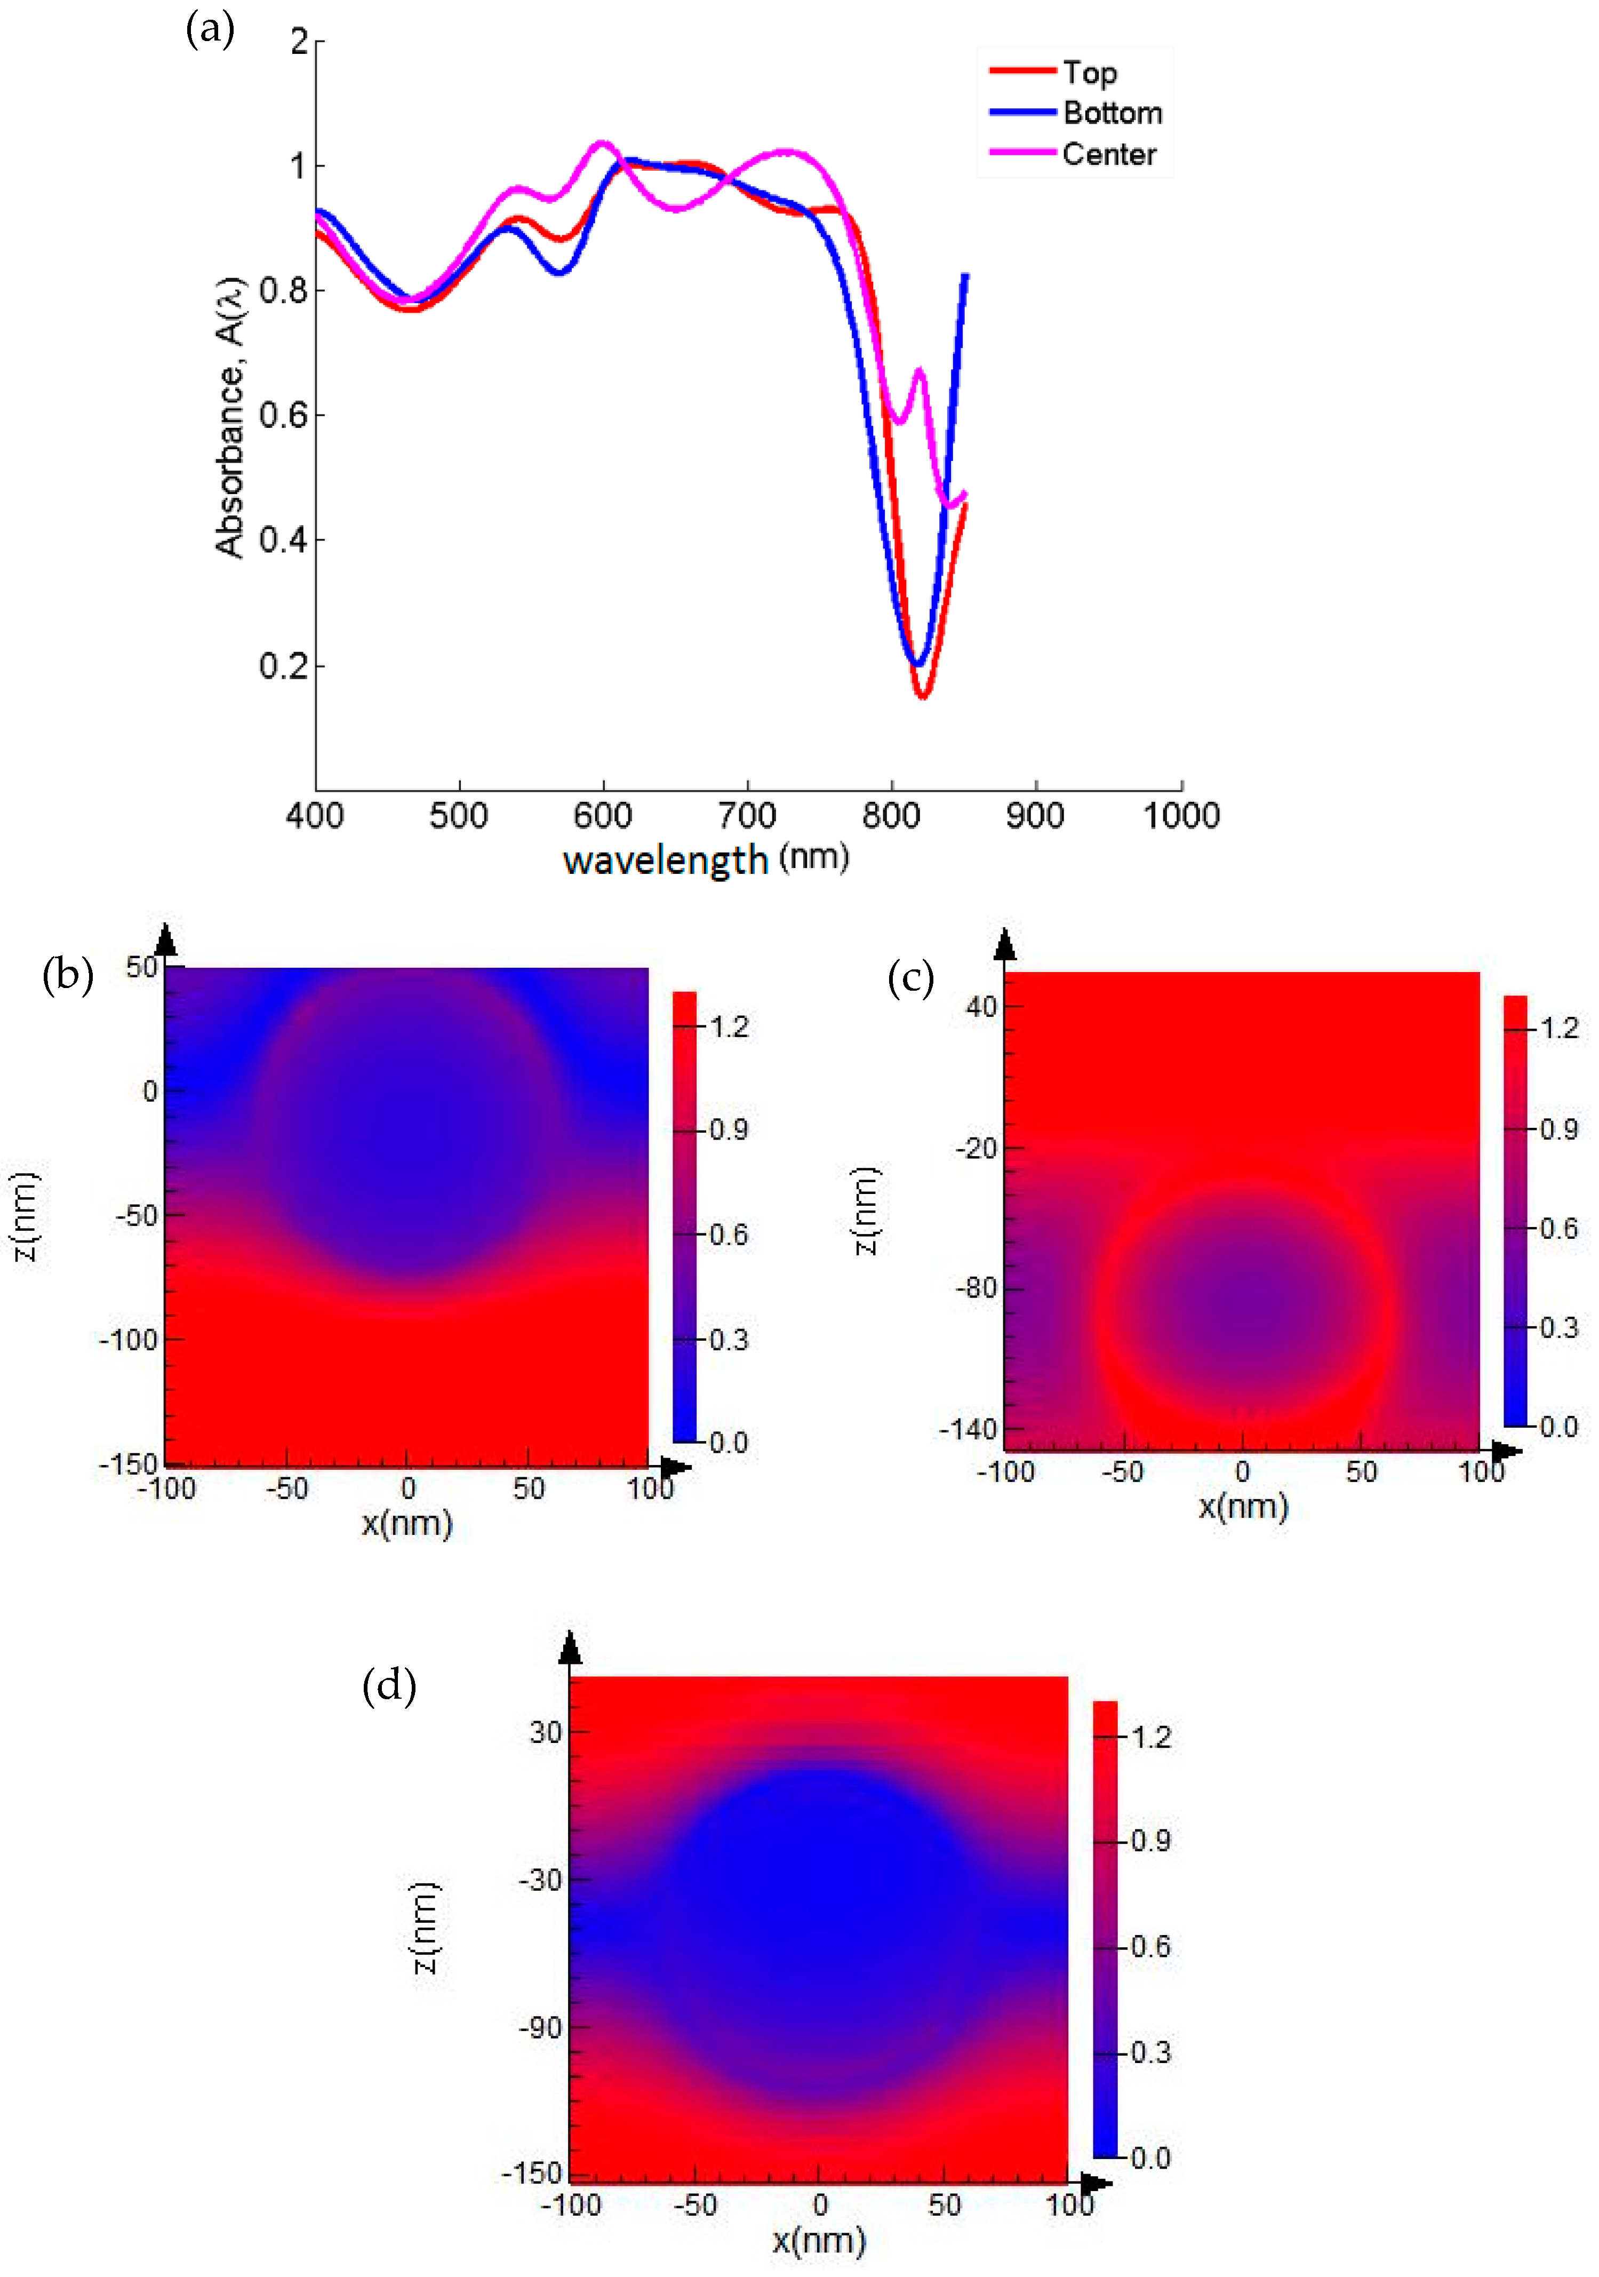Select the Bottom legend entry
[x=1112, y=113]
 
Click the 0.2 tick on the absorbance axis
[x=284, y=665]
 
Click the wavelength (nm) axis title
[x=705, y=859]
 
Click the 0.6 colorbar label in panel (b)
[x=729, y=1235]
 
